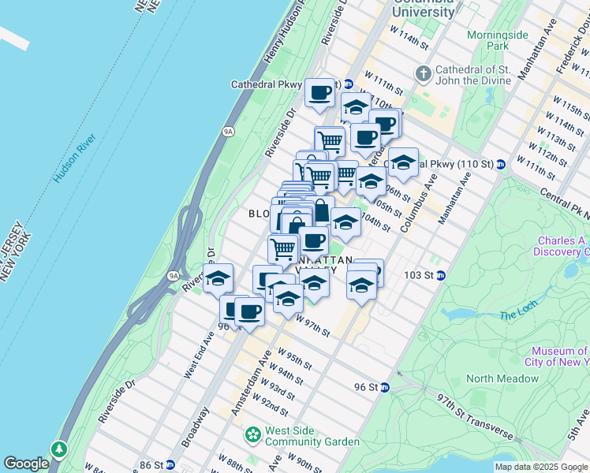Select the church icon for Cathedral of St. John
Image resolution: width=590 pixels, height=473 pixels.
(424, 74)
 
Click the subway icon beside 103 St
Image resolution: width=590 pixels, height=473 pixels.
(441, 275)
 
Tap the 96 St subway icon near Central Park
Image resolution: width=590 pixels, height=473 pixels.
(384, 387)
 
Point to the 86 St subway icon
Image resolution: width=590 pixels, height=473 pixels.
(170, 465)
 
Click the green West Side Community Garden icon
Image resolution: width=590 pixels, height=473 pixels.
(253, 434)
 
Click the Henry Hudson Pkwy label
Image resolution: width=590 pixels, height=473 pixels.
(286, 35)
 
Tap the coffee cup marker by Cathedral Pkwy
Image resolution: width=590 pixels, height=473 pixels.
(319, 92)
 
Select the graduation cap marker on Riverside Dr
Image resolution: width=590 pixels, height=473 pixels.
(218, 277)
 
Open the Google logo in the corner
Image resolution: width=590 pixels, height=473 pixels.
(26, 464)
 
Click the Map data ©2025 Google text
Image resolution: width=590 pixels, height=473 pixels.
(541, 467)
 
